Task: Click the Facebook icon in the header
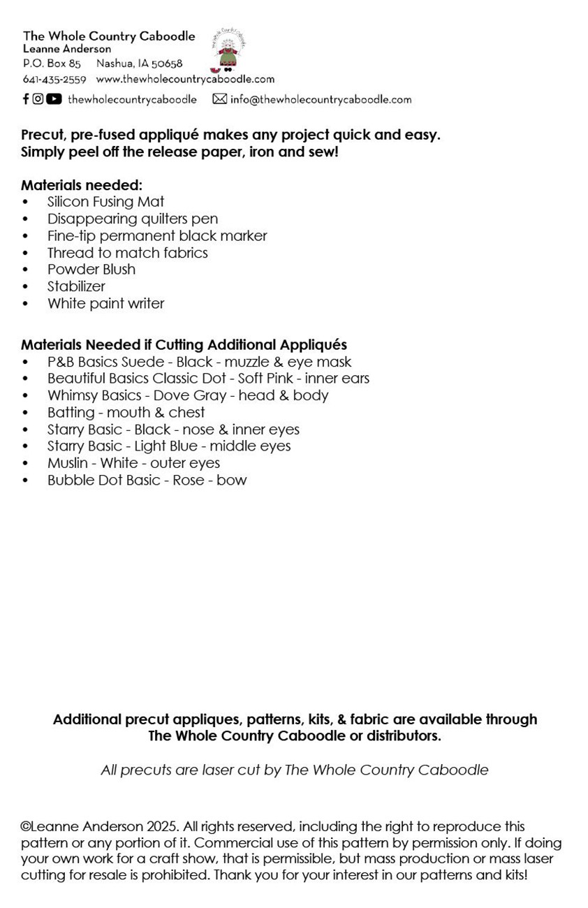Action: click(x=26, y=99)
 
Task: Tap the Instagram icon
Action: click(x=38, y=99)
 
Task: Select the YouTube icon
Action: click(x=54, y=99)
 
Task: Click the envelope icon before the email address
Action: click(x=219, y=99)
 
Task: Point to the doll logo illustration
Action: click(x=227, y=52)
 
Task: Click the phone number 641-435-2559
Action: click(x=54, y=80)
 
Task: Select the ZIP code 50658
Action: click(x=167, y=64)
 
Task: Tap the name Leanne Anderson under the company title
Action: click(x=67, y=49)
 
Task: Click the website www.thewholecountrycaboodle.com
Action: click(x=185, y=80)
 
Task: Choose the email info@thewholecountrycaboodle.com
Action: click(x=321, y=99)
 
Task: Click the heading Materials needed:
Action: click(x=82, y=185)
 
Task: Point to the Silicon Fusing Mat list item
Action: click(x=105, y=202)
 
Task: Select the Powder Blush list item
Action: click(x=91, y=270)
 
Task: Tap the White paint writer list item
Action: click(x=105, y=303)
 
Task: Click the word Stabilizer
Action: click(x=76, y=286)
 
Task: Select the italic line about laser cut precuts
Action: click(x=294, y=770)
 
